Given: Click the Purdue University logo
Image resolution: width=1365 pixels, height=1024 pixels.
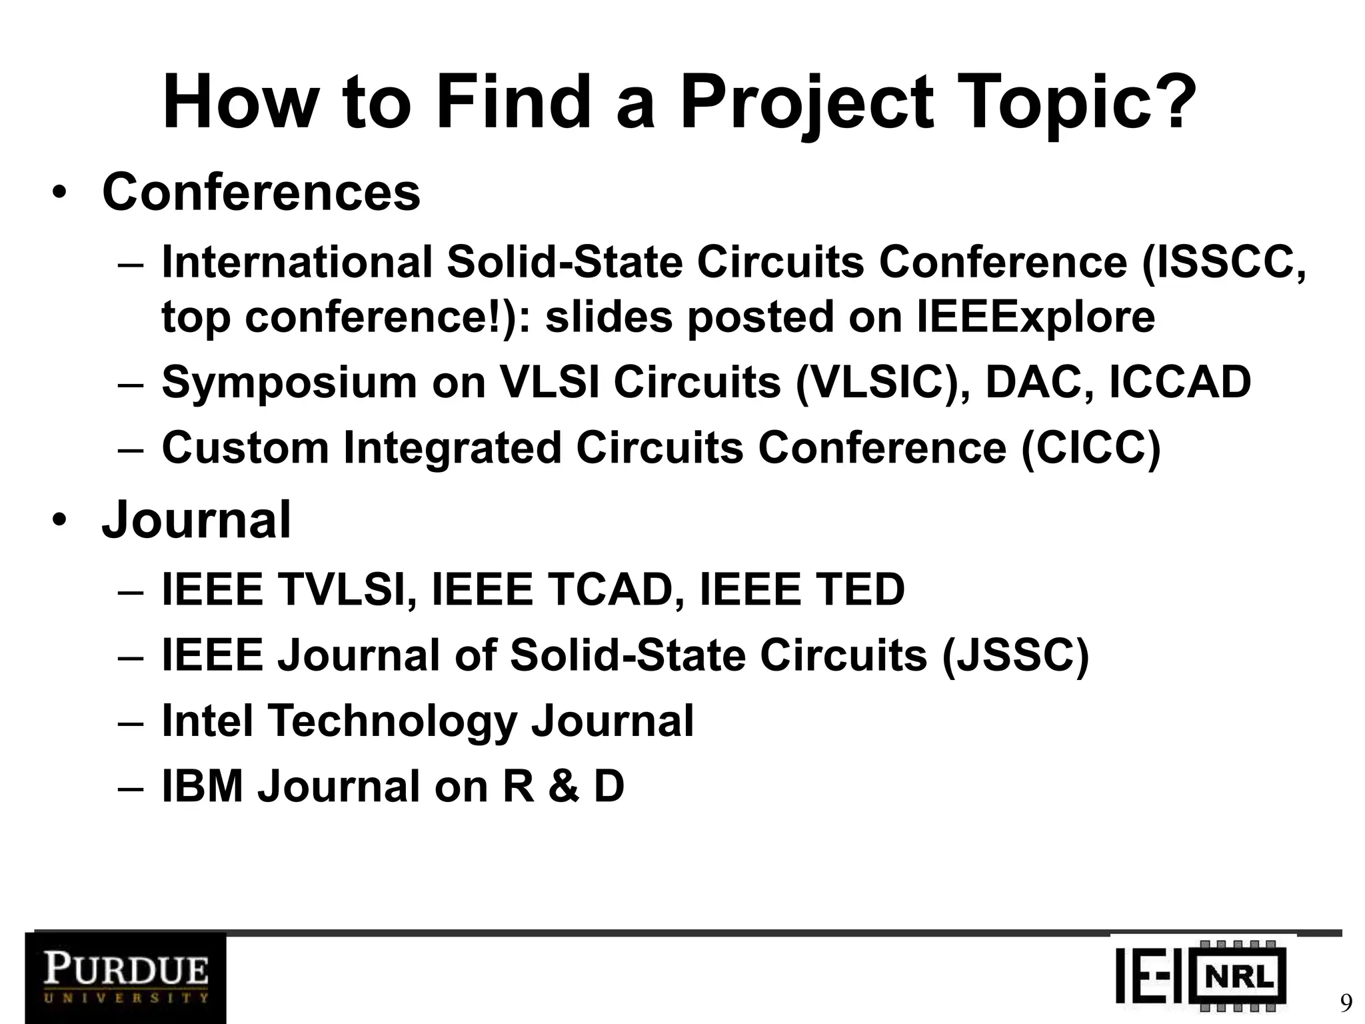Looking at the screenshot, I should click(125, 977).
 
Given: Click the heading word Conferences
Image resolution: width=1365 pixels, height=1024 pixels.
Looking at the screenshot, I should click(261, 192).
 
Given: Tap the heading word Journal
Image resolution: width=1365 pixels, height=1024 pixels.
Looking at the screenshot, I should click(196, 520).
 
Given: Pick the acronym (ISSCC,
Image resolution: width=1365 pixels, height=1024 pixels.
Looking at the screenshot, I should click(1222, 263).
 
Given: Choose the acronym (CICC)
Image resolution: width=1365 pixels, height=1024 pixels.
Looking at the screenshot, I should click(1090, 447).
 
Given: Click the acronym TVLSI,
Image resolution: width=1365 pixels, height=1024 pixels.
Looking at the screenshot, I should click(347, 589).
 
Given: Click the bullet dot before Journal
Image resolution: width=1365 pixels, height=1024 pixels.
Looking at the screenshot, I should click(59, 521).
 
